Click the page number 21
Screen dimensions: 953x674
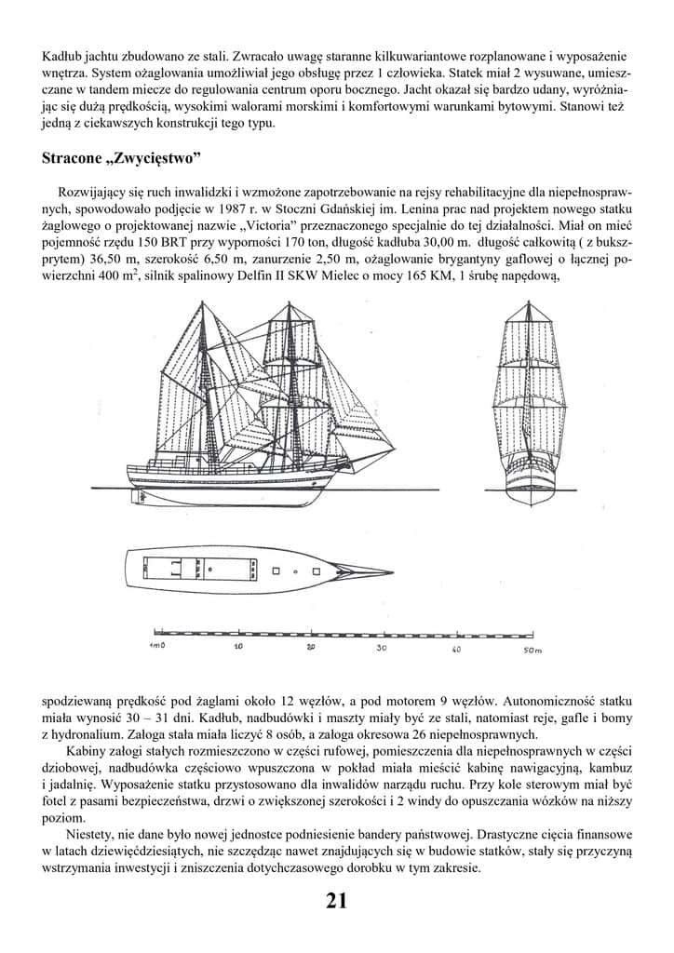[336, 900]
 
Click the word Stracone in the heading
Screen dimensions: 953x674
[74, 157]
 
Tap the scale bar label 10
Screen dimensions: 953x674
[238, 646]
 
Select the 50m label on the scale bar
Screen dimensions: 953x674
[532, 648]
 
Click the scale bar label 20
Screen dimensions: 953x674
[311, 646]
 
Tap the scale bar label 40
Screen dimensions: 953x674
[455, 648]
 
